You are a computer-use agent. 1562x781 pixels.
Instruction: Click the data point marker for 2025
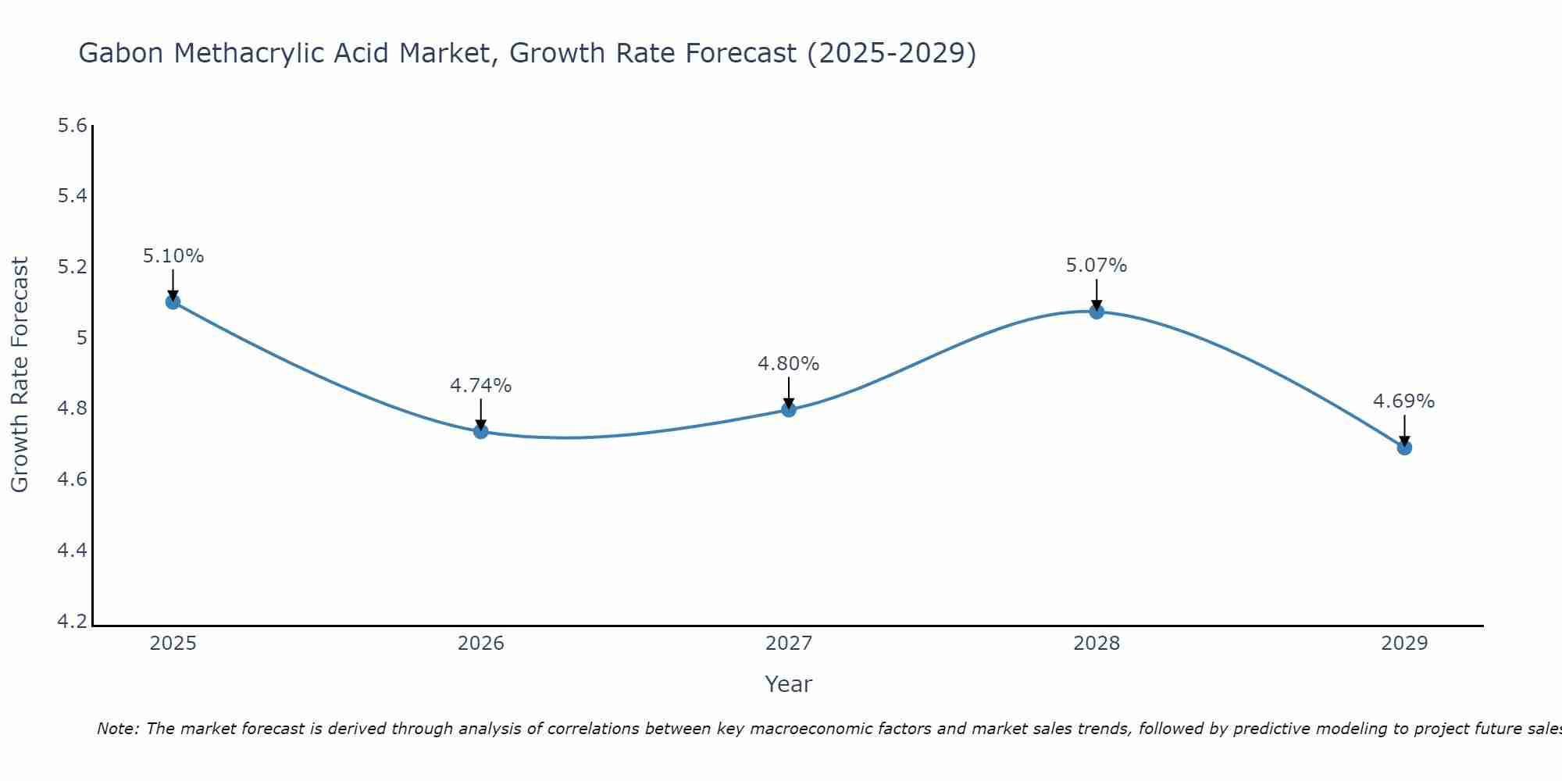(173, 302)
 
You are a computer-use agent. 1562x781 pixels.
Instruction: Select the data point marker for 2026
(481, 431)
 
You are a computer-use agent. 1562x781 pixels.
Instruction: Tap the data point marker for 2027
(789, 409)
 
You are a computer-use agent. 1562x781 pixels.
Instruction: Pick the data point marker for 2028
(1097, 312)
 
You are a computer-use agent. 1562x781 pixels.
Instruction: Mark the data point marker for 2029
(1404, 448)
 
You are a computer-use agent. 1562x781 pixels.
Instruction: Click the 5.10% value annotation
(173, 256)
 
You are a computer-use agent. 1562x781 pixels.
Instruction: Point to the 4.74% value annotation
(481, 386)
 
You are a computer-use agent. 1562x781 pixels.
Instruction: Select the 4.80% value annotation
(789, 364)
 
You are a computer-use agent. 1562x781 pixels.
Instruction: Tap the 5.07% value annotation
(1097, 266)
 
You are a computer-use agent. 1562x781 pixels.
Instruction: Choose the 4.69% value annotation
(1404, 401)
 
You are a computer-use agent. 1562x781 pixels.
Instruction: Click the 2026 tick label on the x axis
(481, 644)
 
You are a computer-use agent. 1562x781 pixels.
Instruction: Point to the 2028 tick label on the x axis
(1097, 644)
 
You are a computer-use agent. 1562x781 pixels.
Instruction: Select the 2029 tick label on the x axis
(1404, 644)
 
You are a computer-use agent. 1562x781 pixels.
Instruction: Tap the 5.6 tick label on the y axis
(73, 126)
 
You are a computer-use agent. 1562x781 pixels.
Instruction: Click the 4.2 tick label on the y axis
(73, 622)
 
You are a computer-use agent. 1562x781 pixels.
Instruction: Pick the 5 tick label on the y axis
(81, 338)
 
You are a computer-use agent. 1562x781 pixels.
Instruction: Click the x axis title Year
(789, 684)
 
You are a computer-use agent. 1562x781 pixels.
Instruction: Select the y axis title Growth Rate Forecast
(20, 375)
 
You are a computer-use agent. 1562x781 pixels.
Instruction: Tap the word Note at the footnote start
(117, 729)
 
